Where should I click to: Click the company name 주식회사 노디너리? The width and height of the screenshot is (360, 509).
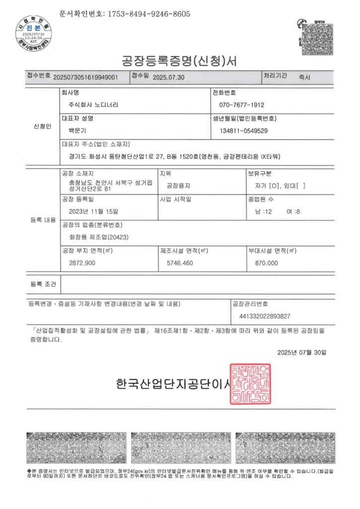(93, 105)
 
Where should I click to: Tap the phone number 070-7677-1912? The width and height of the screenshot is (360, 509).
(242, 105)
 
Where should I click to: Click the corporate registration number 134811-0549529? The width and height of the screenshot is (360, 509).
(244, 131)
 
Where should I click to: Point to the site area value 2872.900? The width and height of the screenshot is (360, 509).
(82, 262)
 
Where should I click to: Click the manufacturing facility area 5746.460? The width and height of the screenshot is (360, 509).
(180, 262)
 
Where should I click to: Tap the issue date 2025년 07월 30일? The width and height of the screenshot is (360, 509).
(302, 352)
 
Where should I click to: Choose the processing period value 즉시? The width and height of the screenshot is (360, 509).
(304, 78)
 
